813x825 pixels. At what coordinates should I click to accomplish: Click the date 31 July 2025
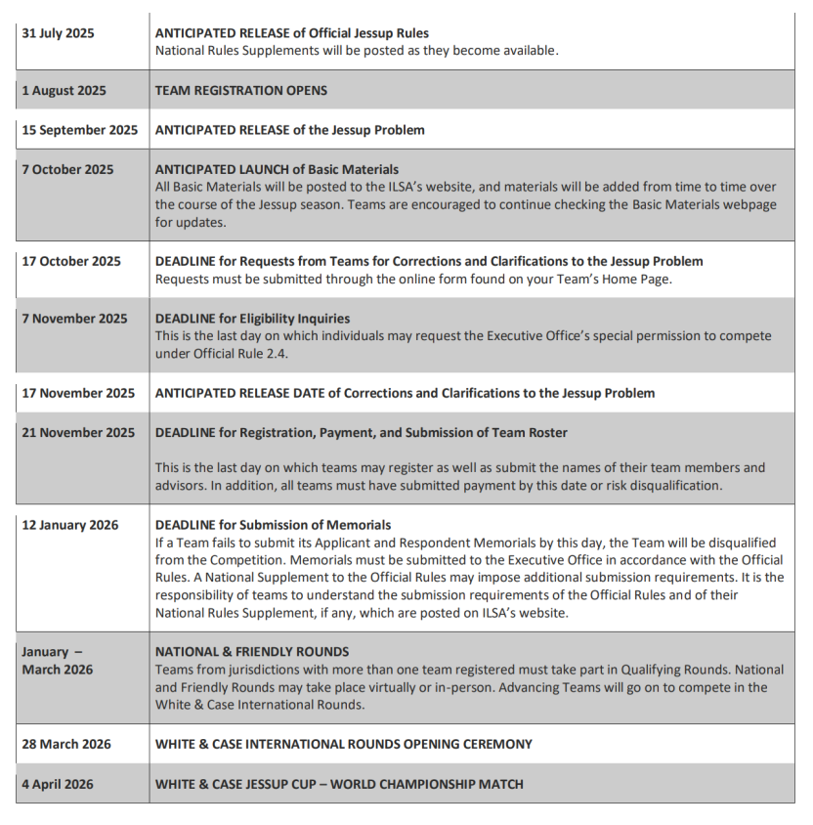(x=59, y=33)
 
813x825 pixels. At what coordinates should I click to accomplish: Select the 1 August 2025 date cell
(x=64, y=91)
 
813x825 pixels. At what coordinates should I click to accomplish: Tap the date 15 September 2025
(x=80, y=130)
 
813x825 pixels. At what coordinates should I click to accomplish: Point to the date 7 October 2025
(x=67, y=169)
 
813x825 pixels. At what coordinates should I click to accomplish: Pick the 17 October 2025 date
(x=71, y=261)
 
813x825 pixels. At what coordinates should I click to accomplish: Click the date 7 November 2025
(x=74, y=319)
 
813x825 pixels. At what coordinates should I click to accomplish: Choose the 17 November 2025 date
(x=78, y=393)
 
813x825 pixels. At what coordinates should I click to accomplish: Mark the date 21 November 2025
(x=78, y=432)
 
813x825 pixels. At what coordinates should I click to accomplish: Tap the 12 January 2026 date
(x=70, y=525)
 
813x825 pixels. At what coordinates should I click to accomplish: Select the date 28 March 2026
(x=66, y=744)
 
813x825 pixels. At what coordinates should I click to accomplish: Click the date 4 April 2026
(x=60, y=783)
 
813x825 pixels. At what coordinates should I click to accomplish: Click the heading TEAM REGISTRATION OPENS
(x=241, y=91)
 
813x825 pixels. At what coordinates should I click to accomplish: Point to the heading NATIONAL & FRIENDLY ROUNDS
(x=252, y=652)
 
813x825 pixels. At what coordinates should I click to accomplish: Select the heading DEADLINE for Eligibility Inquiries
(x=252, y=319)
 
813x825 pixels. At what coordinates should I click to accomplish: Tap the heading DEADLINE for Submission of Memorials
(x=273, y=525)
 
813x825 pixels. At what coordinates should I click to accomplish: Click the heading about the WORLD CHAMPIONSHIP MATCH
(x=339, y=783)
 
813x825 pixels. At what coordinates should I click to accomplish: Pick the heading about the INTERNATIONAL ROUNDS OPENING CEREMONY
(x=343, y=744)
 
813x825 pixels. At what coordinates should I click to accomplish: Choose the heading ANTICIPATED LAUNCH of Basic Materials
(x=277, y=169)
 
